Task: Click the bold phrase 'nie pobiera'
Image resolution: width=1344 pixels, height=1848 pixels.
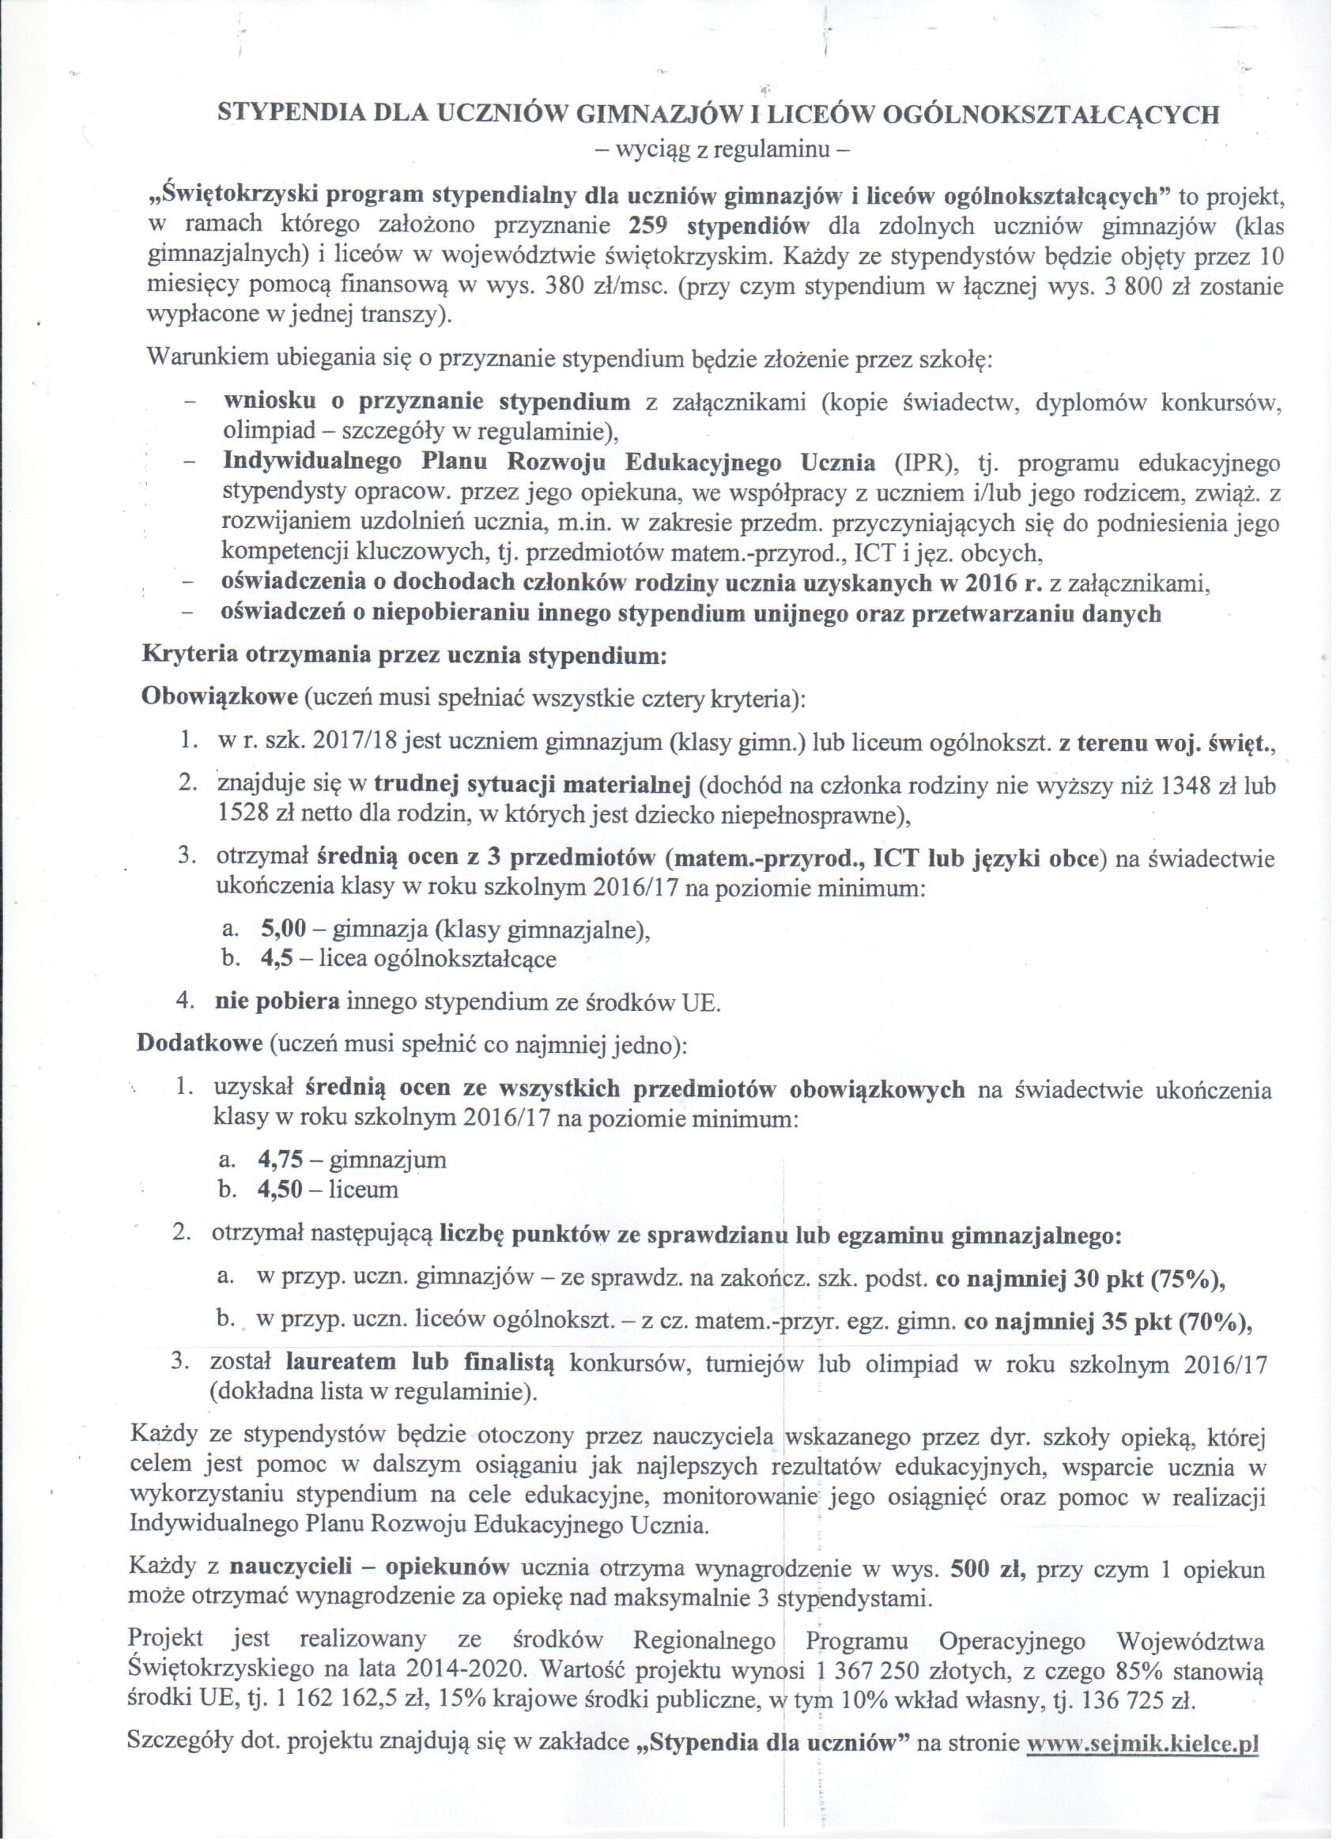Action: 277,1002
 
